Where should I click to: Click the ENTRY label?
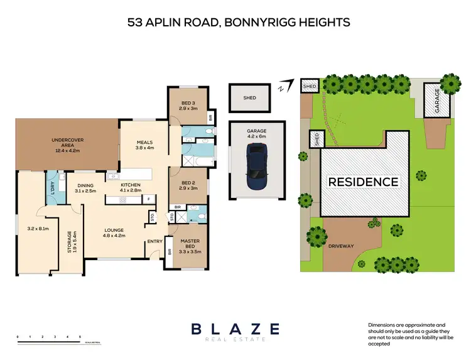(154, 241)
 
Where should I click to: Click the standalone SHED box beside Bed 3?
(250, 97)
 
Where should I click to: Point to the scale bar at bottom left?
(49, 339)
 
